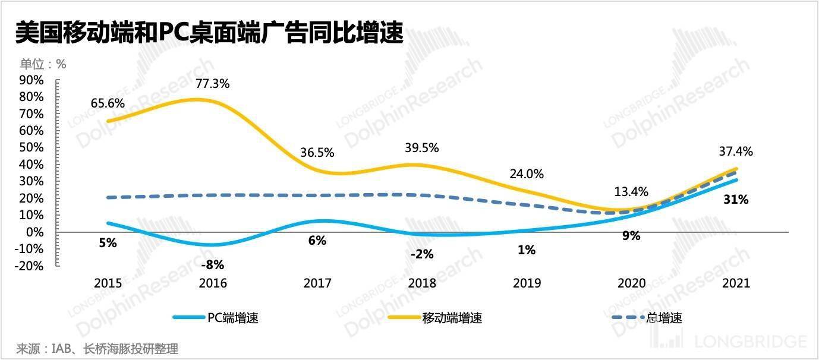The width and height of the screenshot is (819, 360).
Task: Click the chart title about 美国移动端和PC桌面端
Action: tap(209, 33)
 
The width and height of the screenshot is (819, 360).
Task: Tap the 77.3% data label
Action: tap(212, 84)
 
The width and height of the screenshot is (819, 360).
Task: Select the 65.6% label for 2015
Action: tap(108, 103)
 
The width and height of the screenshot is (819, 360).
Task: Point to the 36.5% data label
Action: tap(317, 153)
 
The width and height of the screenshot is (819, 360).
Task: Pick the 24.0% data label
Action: tap(527, 174)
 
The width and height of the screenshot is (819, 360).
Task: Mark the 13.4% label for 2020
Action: tap(631, 191)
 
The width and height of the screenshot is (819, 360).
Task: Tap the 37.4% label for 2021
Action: tap(735, 151)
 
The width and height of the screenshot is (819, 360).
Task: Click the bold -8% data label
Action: tap(212, 265)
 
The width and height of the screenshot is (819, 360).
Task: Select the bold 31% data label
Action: tap(736, 200)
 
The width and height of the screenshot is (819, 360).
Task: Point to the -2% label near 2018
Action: tap(422, 254)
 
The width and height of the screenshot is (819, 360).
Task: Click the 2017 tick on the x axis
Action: tap(317, 283)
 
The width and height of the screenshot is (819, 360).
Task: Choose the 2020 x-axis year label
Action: tap(631, 283)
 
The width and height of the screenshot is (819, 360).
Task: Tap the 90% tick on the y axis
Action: tap(31, 80)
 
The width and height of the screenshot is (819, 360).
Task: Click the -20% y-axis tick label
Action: tap(30, 266)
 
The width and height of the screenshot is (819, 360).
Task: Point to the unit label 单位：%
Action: tap(43, 64)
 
